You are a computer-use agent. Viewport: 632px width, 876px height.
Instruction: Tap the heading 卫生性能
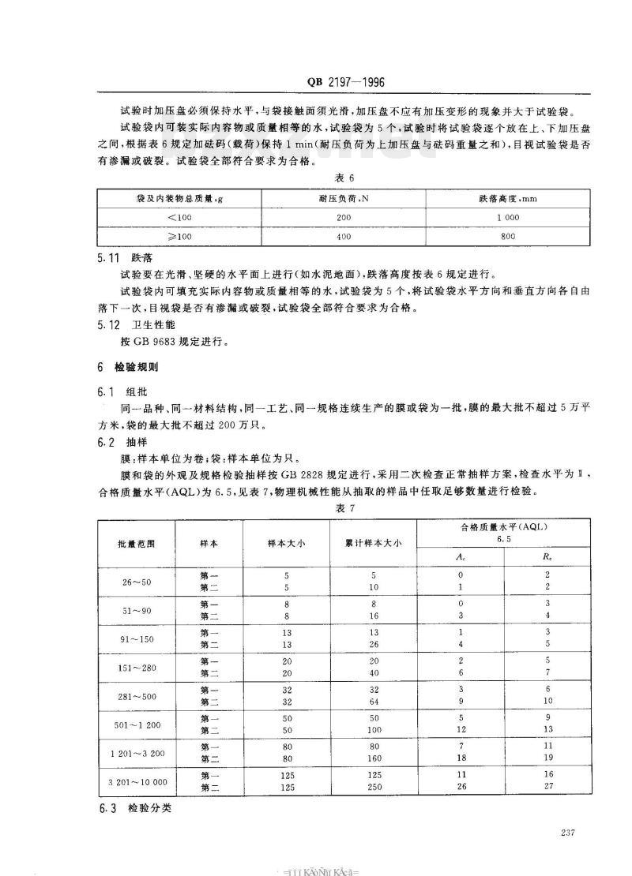point(149,327)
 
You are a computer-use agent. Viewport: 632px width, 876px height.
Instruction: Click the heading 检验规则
point(136,368)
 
